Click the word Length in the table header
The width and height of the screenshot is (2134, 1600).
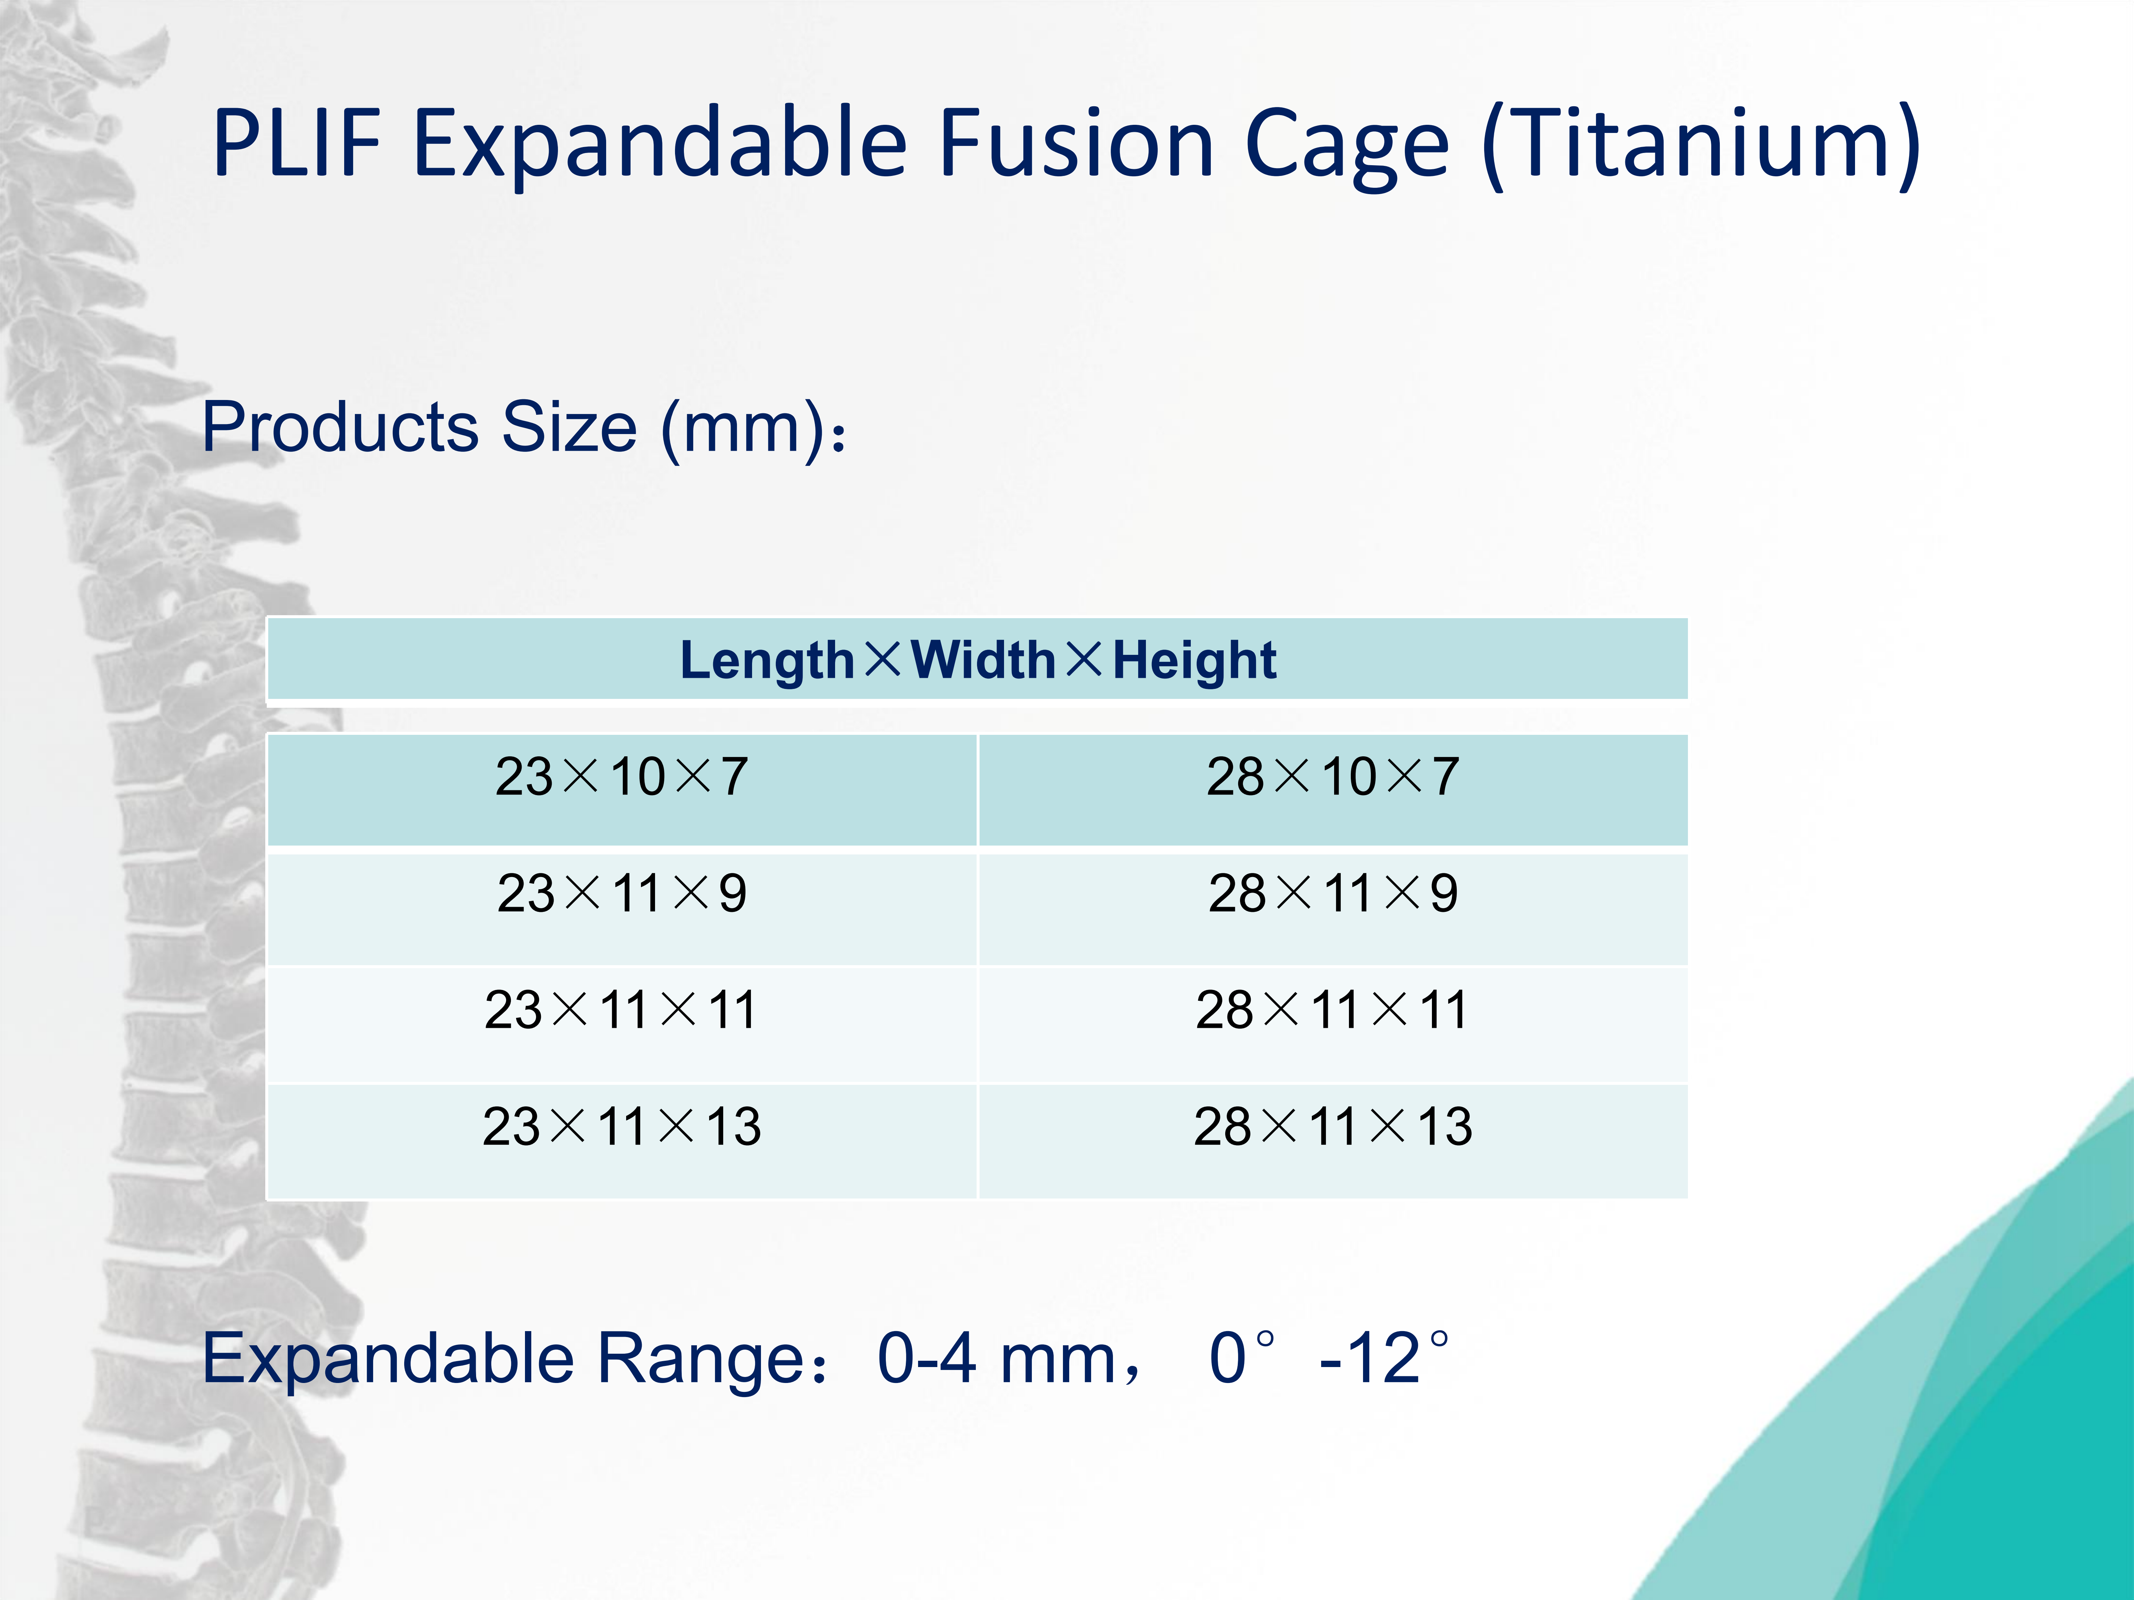[767, 661]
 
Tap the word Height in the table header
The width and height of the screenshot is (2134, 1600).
[1194, 661]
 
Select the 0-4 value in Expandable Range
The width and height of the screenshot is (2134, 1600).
[926, 1359]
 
